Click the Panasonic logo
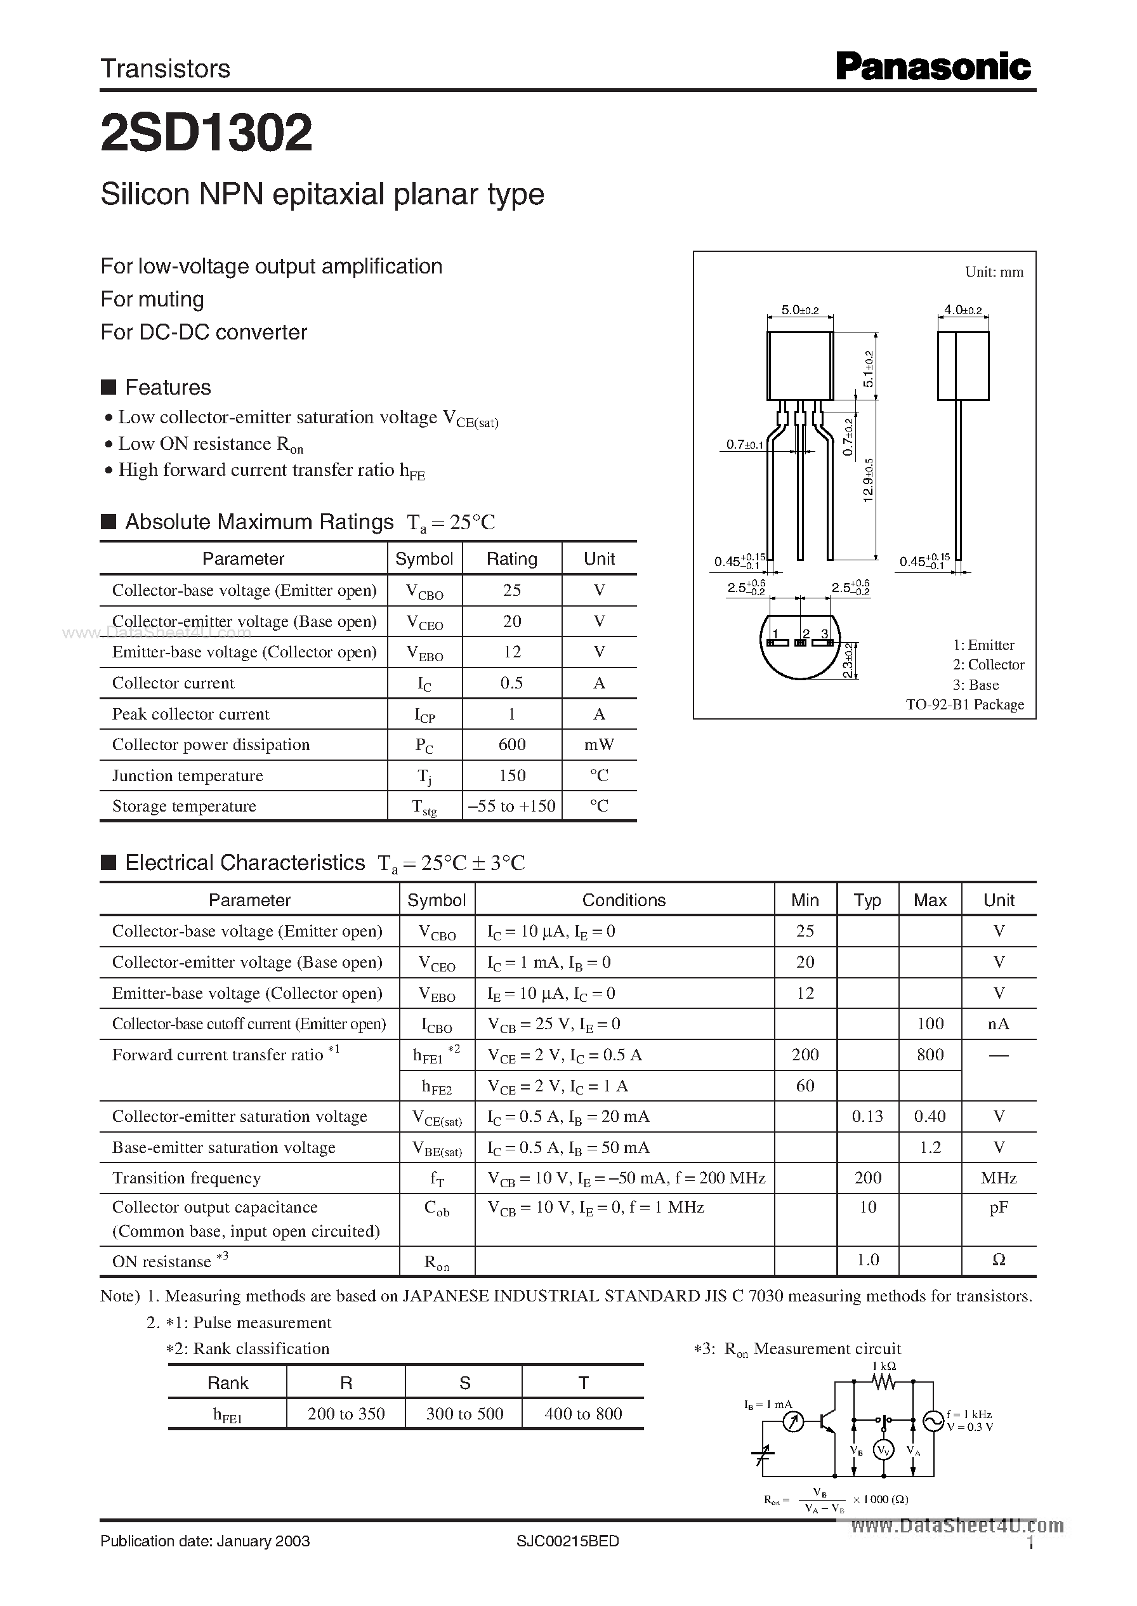click(x=933, y=68)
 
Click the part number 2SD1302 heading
click(x=207, y=133)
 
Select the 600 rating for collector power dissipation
click(x=512, y=744)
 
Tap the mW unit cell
click(x=600, y=744)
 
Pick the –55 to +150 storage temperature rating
click(x=512, y=806)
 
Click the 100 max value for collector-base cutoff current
click(x=930, y=1023)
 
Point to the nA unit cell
click(x=999, y=1023)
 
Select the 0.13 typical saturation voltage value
click(x=867, y=1117)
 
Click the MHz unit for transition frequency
click(x=999, y=1178)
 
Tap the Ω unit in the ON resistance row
click(x=999, y=1260)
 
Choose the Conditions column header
click(x=624, y=900)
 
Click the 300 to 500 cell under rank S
click(x=464, y=1414)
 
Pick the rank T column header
click(x=583, y=1383)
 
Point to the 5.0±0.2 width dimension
click(x=799, y=310)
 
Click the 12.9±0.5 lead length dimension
click(x=869, y=480)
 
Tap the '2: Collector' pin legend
click(x=988, y=664)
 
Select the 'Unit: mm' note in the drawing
click(x=994, y=272)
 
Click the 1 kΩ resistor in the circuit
click(x=884, y=1381)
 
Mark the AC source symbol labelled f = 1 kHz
click(x=933, y=1421)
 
